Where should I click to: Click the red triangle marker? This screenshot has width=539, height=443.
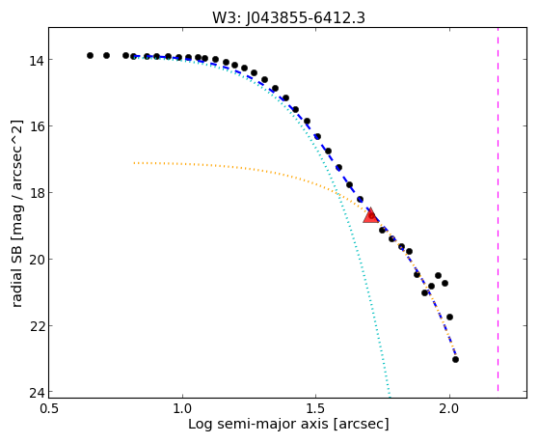coord(370,215)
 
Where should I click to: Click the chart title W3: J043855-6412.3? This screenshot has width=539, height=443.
coord(288,17)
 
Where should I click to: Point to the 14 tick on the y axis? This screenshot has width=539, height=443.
coord(36,60)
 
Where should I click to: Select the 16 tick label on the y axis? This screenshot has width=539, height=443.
coord(36,126)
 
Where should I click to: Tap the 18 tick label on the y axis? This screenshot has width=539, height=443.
coord(36,193)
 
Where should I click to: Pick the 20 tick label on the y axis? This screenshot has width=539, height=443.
coord(36,260)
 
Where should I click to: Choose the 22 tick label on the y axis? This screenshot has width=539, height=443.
coord(36,326)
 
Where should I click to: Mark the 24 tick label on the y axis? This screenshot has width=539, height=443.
coord(36,393)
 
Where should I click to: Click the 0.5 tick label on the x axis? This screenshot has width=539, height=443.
coord(50,408)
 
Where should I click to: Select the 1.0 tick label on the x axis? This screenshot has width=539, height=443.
coord(182,408)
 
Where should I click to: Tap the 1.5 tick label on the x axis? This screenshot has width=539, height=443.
coord(316,408)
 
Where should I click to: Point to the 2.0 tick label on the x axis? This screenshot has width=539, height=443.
coord(449,408)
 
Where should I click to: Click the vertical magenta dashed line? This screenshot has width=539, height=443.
coord(498,209)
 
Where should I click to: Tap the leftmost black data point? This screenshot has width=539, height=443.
coord(90,55)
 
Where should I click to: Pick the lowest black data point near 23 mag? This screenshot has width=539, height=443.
coord(455,359)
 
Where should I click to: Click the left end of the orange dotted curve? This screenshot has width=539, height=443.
coord(134,163)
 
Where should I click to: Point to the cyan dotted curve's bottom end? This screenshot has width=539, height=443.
coord(390,395)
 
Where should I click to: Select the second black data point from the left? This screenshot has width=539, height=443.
coord(107,55)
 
